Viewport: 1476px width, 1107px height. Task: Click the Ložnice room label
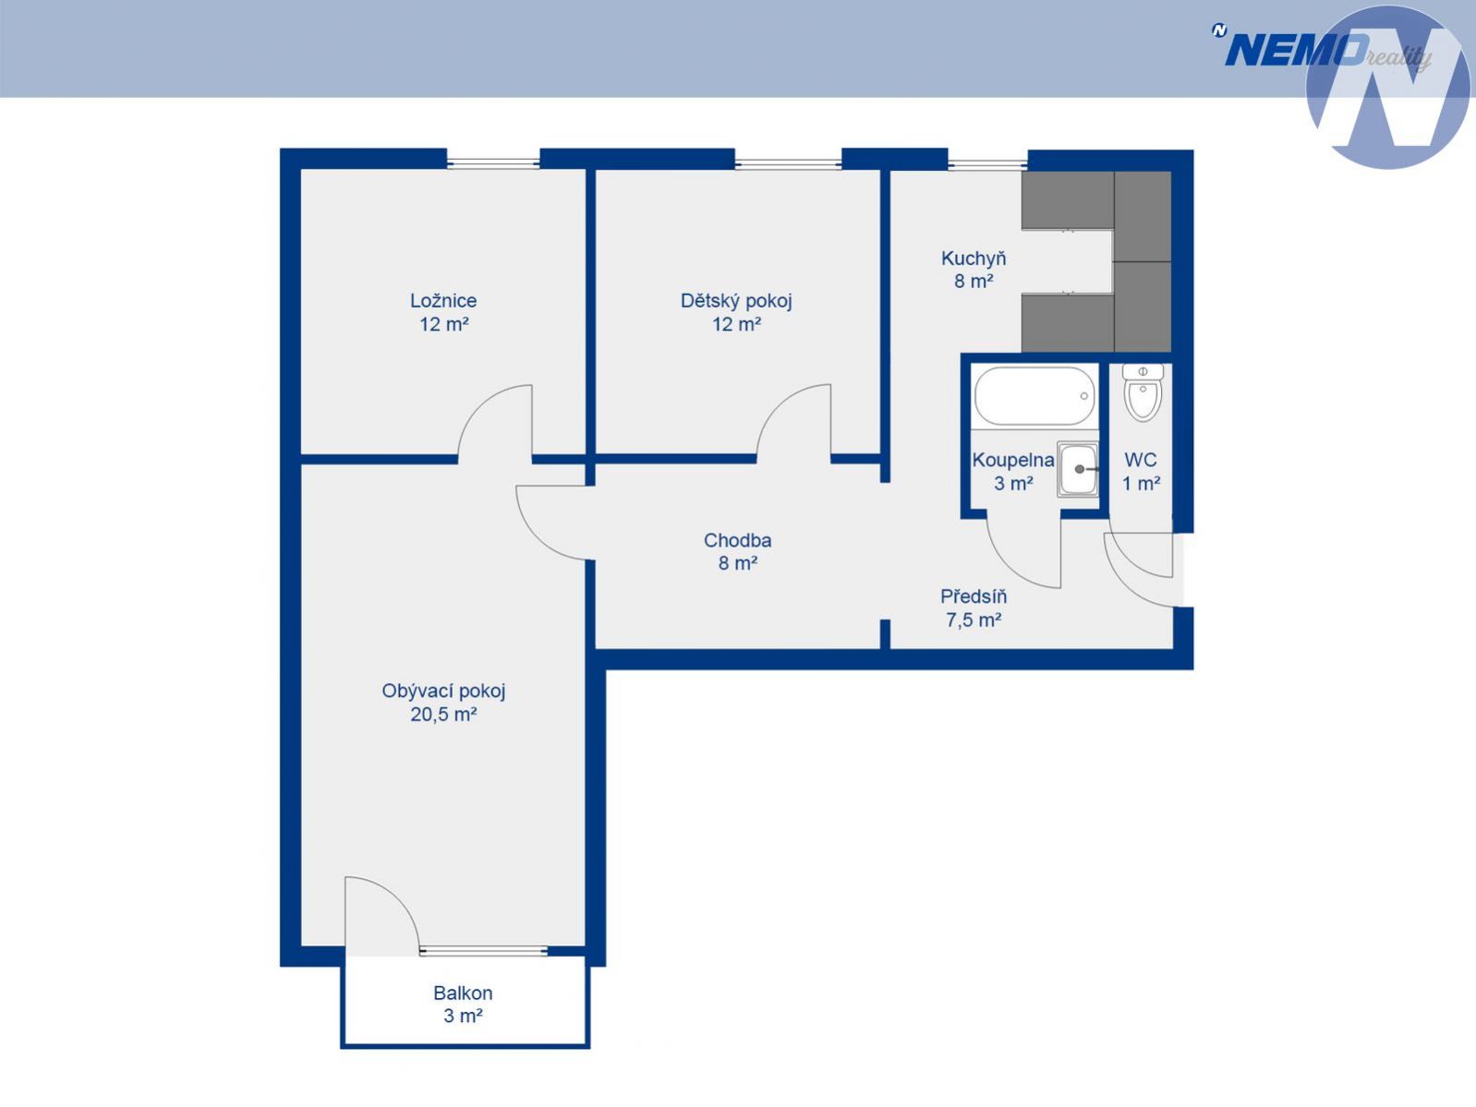[443, 300]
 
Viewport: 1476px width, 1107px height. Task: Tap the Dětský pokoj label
[736, 300]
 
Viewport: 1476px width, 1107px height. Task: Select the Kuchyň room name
[974, 259]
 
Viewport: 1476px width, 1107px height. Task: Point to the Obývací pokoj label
[443, 691]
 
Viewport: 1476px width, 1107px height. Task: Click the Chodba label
[738, 540]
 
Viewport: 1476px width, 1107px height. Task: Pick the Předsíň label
[974, 596]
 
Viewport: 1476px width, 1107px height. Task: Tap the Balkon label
[464, 993]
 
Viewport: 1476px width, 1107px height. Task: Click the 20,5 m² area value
[443, 714]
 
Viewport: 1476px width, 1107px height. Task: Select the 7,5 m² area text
[974, 620]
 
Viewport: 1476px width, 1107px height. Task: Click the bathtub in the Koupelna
[1034, 397]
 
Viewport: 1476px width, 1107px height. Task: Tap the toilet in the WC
[1143, 393]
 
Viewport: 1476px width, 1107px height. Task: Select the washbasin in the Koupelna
[1077, 469]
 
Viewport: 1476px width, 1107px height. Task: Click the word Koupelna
[1013, 461]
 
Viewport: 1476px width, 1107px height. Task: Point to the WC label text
[1141, 461]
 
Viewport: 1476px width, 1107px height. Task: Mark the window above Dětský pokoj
[788, 162]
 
